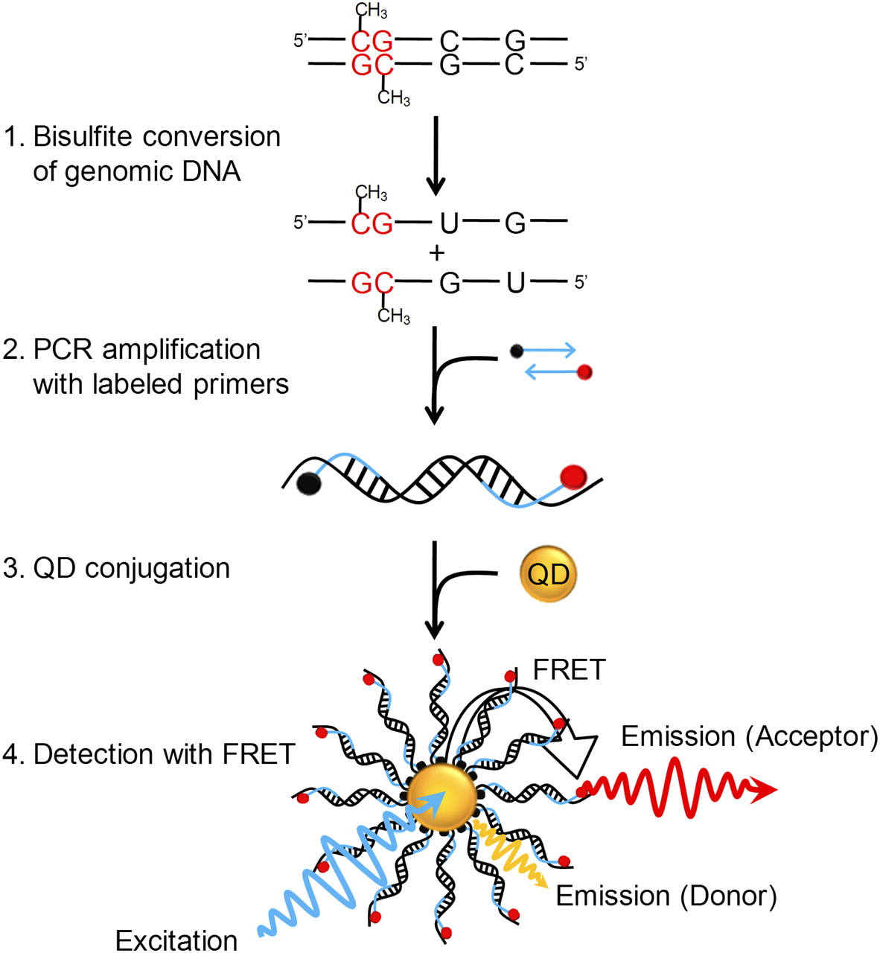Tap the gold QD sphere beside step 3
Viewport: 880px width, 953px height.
[548, 575]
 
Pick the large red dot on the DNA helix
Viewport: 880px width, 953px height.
[573, 474]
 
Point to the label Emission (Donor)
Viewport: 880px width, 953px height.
[666, 896]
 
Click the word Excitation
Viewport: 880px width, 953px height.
[176, 940]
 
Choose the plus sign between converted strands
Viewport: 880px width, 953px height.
[437, 253]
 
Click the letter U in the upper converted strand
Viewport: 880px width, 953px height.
[448, 222]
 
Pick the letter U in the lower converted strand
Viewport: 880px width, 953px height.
[515, 283]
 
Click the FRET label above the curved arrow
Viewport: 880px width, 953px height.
[570, 670]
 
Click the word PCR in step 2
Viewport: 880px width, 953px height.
[60, 350]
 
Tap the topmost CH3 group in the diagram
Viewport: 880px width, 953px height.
[371, 10]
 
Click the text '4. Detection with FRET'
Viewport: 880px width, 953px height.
[149, 754]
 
